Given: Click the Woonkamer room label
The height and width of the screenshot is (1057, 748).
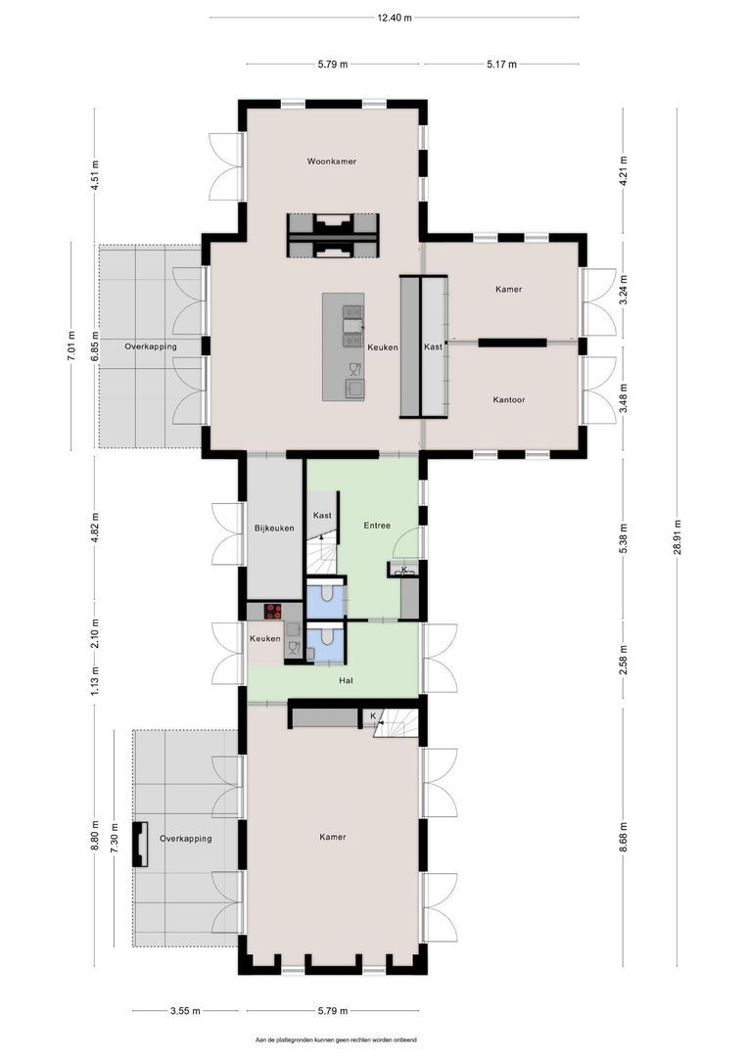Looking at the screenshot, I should pyautogui.click(x=331, y=161).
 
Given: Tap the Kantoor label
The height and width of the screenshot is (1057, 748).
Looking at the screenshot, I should pyautogui.click(x=508, y=399).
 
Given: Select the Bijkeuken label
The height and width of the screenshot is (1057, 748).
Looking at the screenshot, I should pyautogui.click(x=274, y=528).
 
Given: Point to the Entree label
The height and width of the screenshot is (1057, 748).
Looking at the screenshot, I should pyautogui.click(x=377, y=526).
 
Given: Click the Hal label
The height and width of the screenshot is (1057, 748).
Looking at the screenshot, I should pyautogui.click(x=345, y=679).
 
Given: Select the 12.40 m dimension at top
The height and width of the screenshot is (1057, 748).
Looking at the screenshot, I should pyautogui.click(x=395, y=18).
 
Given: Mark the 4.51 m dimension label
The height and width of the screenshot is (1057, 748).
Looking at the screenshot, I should pyautogui.click(x=94, y=177).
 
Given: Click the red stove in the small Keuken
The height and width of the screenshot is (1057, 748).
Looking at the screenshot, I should pyautogui.click(x=273, y=611).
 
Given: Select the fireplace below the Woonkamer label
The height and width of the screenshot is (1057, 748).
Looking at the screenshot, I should pyautogui.click(x=332, y=235).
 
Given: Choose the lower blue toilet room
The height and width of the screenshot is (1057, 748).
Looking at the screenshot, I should pyautogui.click(x=324, y=642).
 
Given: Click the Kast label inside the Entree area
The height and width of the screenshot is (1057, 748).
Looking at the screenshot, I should pyautogui.click(x=322, y=515).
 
